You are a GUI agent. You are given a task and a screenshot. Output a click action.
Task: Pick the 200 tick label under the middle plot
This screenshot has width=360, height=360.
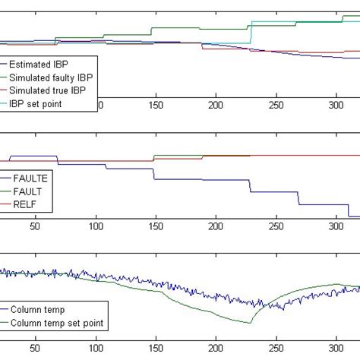(216, 226)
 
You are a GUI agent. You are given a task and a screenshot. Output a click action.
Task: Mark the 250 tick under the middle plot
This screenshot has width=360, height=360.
(277, 226)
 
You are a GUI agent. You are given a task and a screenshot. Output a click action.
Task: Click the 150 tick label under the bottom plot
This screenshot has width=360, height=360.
(156, 350)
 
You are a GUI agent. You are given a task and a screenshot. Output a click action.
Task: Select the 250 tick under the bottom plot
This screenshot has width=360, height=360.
(277, 350)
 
